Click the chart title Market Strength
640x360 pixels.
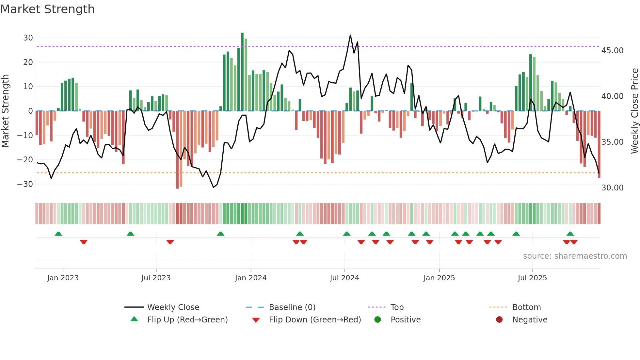pos(47,9)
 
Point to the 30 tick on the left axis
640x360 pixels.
pos(28,38)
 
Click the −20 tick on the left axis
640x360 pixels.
pos(25,160)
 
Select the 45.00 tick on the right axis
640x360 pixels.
pos(612,51)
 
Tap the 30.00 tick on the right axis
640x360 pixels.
pos(612,188)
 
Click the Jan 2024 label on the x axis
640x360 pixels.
pos(250,278)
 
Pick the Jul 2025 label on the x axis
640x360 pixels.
pos(532,278)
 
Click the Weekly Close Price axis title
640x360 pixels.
pos(634,111)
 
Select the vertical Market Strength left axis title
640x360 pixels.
pos(5,111)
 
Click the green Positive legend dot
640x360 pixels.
pos(377,320)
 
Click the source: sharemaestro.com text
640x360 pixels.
pos(575,256)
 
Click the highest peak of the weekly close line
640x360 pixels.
pos(350,35)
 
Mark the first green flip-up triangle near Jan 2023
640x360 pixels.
pos(58,234)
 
